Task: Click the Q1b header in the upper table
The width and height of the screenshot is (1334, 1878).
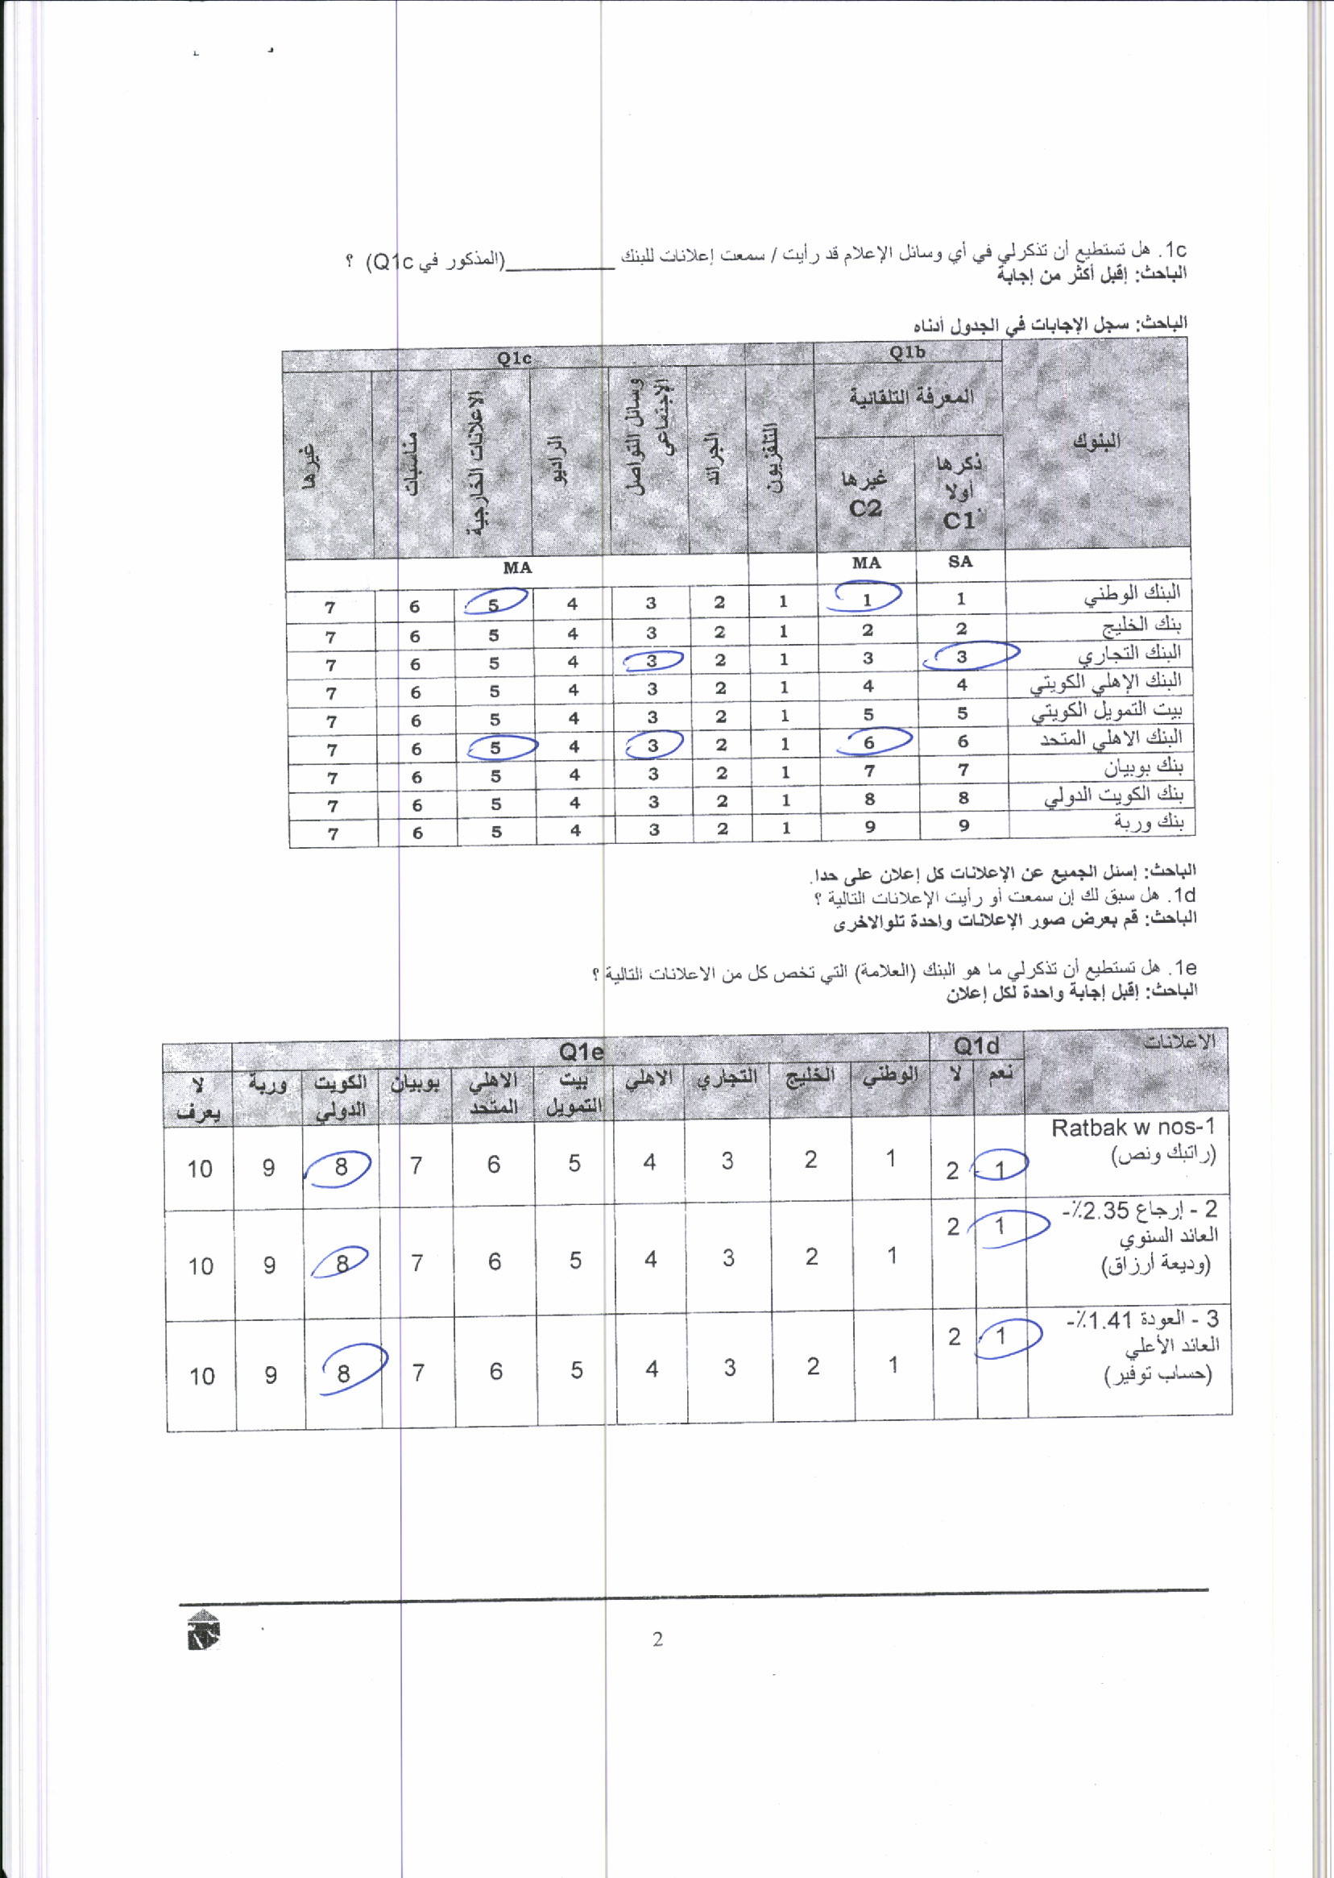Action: click(907, 352)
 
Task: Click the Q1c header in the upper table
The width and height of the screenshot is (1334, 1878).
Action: click(514, 359)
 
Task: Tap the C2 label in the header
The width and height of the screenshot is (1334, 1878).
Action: click(865, 509)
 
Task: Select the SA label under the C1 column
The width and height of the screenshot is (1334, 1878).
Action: click(960, 561)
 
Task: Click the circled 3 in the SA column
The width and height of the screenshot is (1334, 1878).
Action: click(962, 657)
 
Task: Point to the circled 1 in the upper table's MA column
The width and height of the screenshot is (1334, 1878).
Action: click(867, 600)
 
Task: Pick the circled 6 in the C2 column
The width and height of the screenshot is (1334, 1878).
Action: click(869, 742)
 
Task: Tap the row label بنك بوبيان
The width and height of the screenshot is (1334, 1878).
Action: click(1143, 767)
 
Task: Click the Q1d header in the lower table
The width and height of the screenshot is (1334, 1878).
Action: click(976, 1046)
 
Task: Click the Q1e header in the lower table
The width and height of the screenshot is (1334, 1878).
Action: click(581, 1052)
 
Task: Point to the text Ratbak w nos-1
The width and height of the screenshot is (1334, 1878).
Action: click(1133, 1128)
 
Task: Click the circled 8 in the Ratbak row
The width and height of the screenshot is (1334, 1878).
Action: click(341, 1167)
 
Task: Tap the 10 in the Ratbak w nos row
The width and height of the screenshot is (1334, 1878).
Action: click(200, 1169)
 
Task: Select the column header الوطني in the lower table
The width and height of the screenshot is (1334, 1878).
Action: click(890, 1075)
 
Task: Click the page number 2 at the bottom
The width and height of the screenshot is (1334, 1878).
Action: click(657, 1639)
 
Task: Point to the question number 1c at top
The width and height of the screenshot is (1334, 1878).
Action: click(1174, 250)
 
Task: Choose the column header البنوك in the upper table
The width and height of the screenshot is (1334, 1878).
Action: click(1096, 442)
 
